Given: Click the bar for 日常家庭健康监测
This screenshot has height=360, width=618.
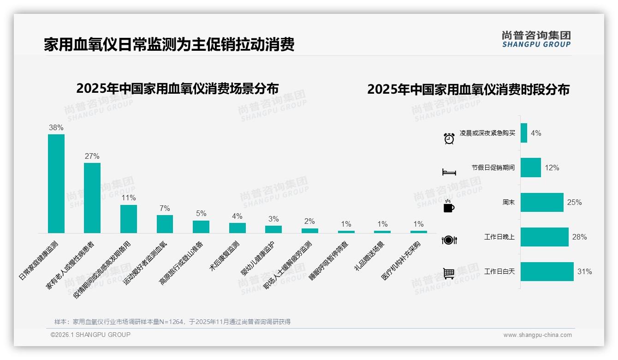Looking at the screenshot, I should pyautogui.click(x=56, y=184).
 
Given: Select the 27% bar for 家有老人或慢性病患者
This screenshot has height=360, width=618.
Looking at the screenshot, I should pyautogui.click(x=92, y=198).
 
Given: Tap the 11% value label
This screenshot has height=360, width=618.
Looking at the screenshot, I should pyautogui.click(x=129, y=198).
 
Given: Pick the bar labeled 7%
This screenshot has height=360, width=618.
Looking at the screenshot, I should pyautogui.click(x=165, y=224).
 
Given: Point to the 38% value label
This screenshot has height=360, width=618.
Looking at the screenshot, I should pyautogui.click(x=56, y=128).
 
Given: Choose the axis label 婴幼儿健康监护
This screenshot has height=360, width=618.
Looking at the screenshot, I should pyautogui.click(x=258, y=258).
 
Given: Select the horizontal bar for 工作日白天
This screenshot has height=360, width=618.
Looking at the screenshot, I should pyautogui.click(x=547, y=272).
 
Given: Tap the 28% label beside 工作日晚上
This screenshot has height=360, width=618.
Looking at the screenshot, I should pyautogui.click(x=579, y=237).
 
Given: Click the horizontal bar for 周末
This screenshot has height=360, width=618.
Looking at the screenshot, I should pyautogui.click(x=542, y=202).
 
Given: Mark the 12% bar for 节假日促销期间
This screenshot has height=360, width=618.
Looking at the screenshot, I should pyautogui.click(x=530, y=168).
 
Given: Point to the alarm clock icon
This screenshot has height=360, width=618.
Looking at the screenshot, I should pyautogui.click(x=449, y=138).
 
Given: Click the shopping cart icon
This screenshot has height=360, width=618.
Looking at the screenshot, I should pyautogui.click(x=449, y=273).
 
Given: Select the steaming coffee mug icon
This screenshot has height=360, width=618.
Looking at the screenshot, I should pyautogui.click(x=449, y=206).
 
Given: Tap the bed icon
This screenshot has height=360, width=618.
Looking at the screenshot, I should pyautogui.click(x=449, y=172).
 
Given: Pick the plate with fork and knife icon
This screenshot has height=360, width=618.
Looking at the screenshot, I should pyautogui.click(x=449, y=240).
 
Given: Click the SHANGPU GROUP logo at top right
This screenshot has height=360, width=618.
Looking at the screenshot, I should pyautogui.click(x=536, y=39).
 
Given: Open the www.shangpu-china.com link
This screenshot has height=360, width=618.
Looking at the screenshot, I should pyautogui.click(x=537, y=335).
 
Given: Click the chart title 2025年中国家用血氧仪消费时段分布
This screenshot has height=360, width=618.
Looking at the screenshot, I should pyautogui.click(x=468, y=90).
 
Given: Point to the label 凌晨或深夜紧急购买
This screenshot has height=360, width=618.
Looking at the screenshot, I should pyautogui.click(x=487, y=133).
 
